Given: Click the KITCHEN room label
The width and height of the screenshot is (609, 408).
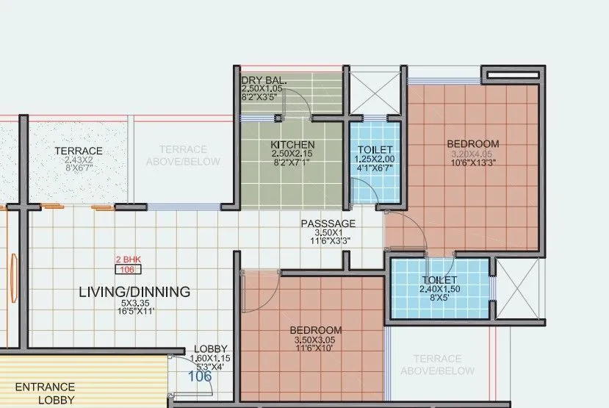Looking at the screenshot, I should [292, 144].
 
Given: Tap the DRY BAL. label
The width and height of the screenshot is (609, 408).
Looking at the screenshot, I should [264, 79].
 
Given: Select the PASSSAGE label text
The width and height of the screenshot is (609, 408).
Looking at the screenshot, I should [328, 223].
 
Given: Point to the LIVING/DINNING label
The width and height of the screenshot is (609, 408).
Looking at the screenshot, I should [134, 292].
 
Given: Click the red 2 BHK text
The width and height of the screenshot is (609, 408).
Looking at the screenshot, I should [128, 260].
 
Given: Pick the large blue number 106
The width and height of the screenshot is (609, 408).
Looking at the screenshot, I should [200, 376].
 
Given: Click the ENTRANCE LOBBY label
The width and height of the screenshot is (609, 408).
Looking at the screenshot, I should [45, 393].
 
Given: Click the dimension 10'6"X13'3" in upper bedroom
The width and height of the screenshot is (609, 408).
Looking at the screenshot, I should [474, 164].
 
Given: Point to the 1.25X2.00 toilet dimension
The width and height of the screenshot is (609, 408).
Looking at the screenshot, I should [375, 159].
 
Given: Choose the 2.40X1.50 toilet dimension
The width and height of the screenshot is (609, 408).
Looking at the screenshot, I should [440, 290].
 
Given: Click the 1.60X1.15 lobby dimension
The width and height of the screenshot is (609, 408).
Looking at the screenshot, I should [210, 358].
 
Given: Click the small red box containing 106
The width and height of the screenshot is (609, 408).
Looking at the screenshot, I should [128, 269].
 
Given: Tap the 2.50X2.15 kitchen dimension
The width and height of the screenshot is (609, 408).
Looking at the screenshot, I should [292, 154].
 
